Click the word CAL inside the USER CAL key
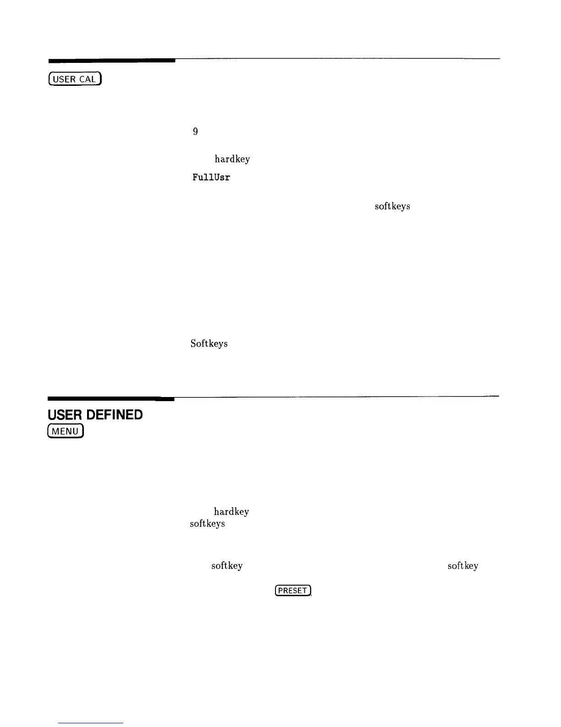pos(87,79)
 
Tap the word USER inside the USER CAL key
pos(65,79)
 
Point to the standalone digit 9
pos(195,132)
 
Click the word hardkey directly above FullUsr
pos(232,159)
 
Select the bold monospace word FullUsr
pos(211,177)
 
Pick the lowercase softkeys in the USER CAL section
pos(392,207)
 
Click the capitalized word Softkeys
pos(209,343)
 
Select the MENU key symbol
pos(66,431)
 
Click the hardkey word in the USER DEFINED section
pos(231,511)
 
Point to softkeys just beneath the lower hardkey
pos(207,524)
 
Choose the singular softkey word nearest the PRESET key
pos(227,566)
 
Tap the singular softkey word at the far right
pos(463,566)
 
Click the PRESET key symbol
pos(293,591)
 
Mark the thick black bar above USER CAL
pos(112,60)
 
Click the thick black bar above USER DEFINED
pos(111,398)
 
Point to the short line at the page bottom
pos(91,723)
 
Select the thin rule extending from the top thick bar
pos(337,59)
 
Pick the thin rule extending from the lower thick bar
pos(336,396)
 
